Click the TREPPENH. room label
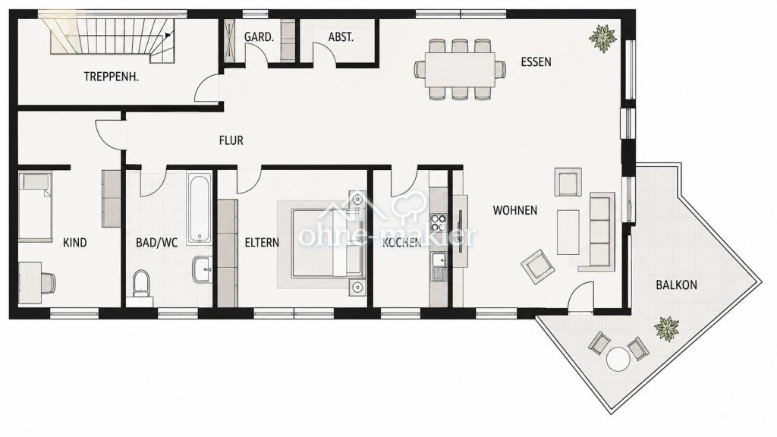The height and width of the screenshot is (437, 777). (x=111, y=77)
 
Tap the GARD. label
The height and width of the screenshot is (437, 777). (x=259, y=37)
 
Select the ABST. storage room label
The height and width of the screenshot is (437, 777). (x=341, y=37)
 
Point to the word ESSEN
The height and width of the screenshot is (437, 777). (x=536, y=62)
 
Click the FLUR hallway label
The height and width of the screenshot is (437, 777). (x=231, y=140)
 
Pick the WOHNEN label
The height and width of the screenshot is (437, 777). (x=515, y=211)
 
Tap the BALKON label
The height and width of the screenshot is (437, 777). (x=676, y=285)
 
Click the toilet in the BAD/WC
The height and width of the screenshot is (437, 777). (x=141, y=284)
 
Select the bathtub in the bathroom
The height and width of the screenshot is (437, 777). (x=200, y=208)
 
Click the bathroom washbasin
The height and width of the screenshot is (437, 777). (x=202, y=269)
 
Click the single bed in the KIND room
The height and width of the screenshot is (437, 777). (x=35, y=206)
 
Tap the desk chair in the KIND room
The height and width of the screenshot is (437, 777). (x=47, y=283)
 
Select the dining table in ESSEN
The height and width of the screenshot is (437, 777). (x=459, y=69)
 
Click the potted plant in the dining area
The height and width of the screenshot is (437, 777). (x=602, y=38)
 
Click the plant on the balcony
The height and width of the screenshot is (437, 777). (x=666, y=329)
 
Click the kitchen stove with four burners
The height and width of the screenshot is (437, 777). (x=438, y=221)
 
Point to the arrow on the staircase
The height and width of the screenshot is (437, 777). (x=168, y=35)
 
